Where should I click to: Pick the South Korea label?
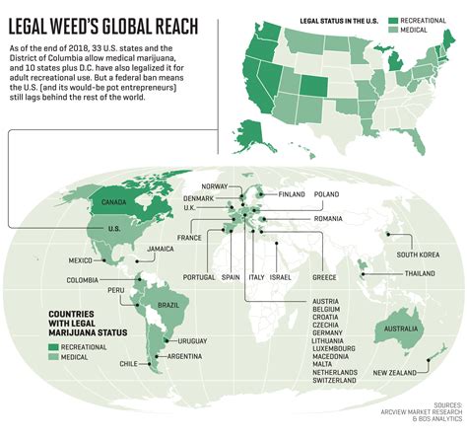[x=417, y=254]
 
